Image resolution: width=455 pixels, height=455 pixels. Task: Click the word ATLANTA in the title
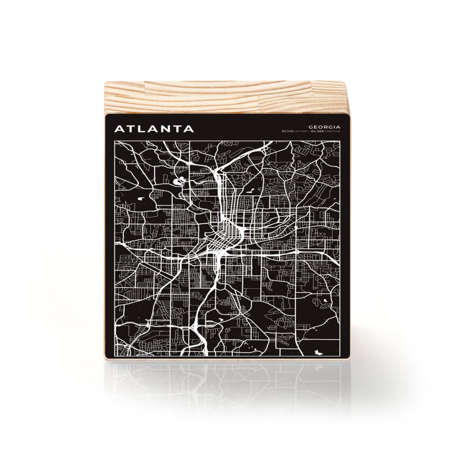[x=154, y=128]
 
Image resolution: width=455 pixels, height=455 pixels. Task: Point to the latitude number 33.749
[x=287, y=131]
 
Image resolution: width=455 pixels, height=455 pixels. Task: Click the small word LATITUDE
[x=300, y=131]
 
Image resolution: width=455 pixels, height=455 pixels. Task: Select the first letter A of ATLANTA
[x=118, y=128]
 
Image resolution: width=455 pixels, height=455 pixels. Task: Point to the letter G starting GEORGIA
[x=310, y=127]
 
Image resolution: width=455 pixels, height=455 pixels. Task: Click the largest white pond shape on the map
[x=181, y=181]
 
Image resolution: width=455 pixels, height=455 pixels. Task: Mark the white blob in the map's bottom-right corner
[x=317, y=351]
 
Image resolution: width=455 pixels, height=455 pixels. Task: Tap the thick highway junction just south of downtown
[x=218, y=258]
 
